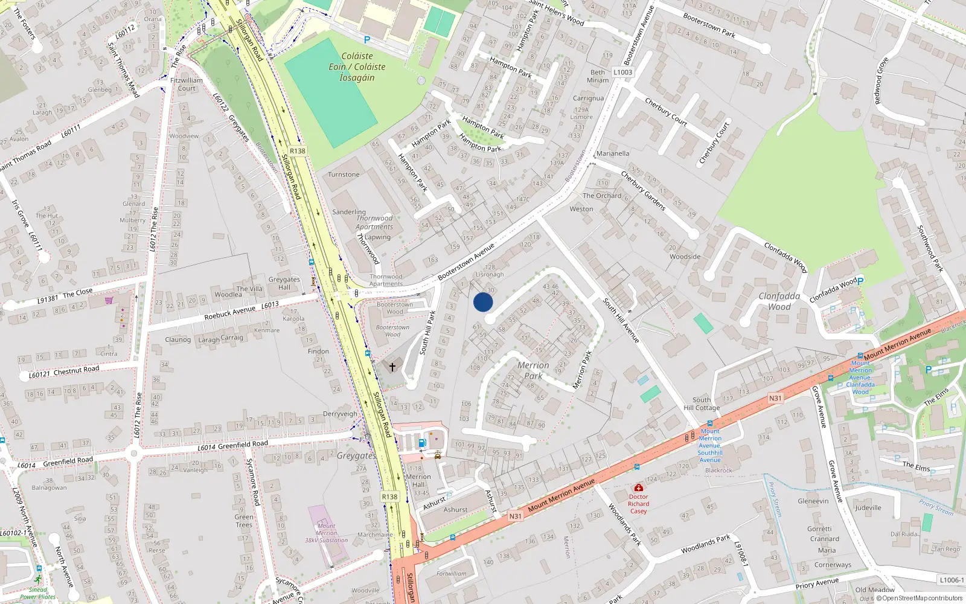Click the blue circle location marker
point(483,302)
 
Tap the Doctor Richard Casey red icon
point(638,487)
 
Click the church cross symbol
point(392,367)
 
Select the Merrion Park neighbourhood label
point(533,370)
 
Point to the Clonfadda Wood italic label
point(779,301)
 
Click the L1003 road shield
point(623,72)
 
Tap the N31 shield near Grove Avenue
point(775,398)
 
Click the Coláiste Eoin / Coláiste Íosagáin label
point(357,66)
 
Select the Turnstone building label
point(344,175)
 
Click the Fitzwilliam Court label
point(187,84)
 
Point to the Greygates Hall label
point(284,283)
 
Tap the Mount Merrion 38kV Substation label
point(327,533)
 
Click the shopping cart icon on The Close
point(109,300)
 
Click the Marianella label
point(612,153)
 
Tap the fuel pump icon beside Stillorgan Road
point(422,443)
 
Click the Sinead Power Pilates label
point(37,593)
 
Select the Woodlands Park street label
point(705,544)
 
